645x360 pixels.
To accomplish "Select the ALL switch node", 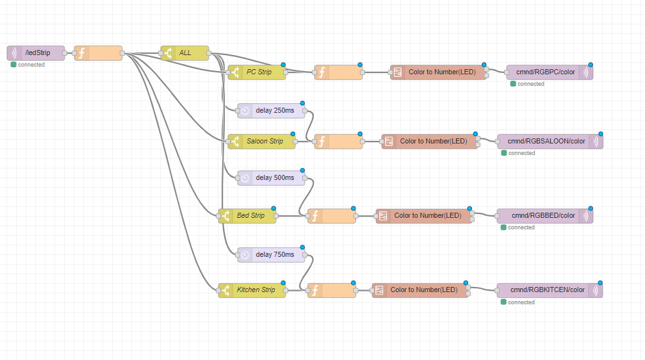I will pyautogui.click(x=184, y=53).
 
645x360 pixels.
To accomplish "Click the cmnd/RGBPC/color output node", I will pyautogui.click(x=550, y=72).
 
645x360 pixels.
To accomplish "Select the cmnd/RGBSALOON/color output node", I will pyautogui.click(x=550, y=142).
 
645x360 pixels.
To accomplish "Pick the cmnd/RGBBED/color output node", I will pyautogui.click(x=545, y=216).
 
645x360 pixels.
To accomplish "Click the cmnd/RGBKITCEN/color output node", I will pyautogui.click(x=550, y=290).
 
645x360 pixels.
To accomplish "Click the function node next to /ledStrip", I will pyautogui.click(x=98, y=53).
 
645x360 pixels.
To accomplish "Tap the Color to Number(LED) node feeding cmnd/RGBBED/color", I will pyautogui.click(x=423, y=216).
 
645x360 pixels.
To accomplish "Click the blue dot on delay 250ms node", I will pyautogui.click(x=302, y=102).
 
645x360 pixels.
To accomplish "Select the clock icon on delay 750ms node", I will pyautogui.click(x=245, y=255).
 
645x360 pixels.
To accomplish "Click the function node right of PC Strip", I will pyautogui.click(x=338, y=72).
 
